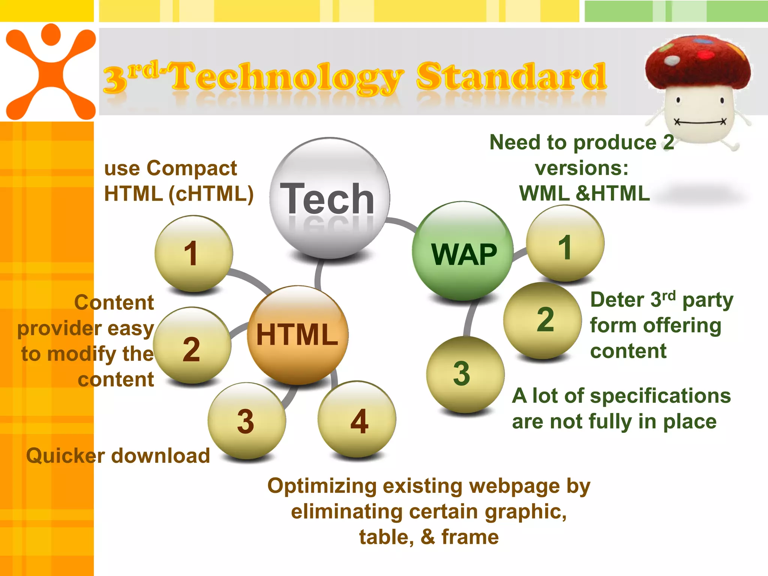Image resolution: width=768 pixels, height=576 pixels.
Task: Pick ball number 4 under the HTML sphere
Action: pos(357,419)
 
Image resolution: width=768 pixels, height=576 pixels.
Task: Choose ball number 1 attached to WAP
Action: pos(565,244)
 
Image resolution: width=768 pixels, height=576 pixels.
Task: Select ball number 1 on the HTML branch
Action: pos(193,253)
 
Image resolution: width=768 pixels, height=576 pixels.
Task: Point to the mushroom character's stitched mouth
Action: pos(700,122)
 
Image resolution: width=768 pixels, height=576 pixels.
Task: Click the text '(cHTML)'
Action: pos(211,194)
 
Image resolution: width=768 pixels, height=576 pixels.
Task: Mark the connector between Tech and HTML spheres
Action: pos(318,274)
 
